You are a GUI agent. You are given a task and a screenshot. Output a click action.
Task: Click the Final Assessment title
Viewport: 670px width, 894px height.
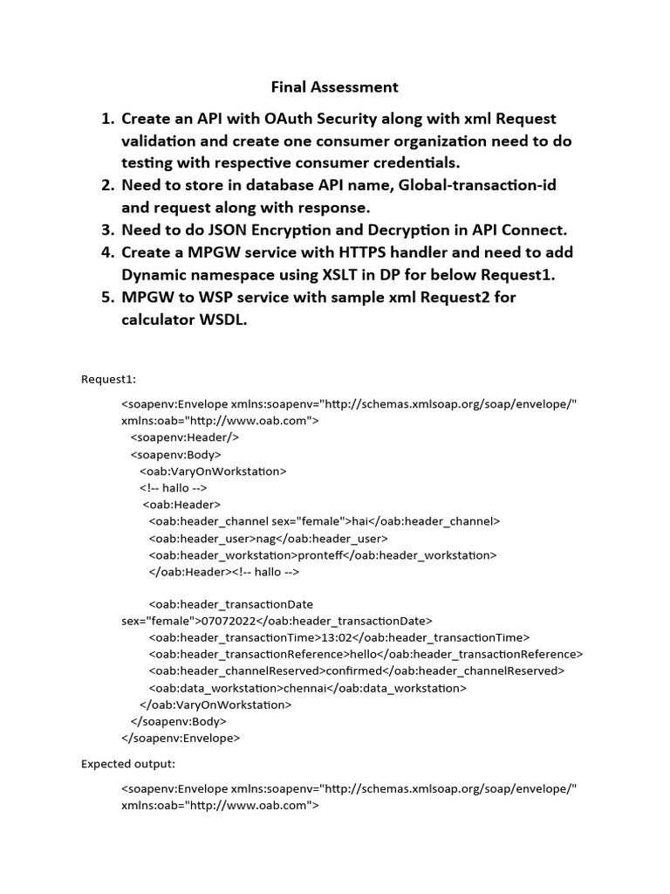[334, 86]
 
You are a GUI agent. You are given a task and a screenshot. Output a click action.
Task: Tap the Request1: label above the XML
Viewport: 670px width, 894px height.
[108, 380]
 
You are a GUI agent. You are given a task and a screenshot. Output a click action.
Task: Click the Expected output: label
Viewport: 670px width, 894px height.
[128, 764]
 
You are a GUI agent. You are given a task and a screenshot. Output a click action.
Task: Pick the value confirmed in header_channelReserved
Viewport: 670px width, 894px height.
[353, 671]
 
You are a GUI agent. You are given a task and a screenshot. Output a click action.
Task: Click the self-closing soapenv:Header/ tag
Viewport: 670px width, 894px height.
[184, 437]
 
